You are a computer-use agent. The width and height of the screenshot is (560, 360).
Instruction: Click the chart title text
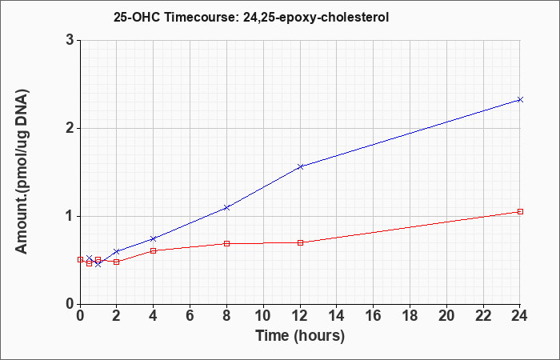point(251,17)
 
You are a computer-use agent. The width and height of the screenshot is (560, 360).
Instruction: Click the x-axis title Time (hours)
point(300,336)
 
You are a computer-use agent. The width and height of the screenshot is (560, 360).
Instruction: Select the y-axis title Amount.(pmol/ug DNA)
point(22,172)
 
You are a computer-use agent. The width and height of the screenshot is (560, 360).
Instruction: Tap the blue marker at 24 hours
point(520,100)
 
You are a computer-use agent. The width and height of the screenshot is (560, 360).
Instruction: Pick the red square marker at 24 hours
point(520,212)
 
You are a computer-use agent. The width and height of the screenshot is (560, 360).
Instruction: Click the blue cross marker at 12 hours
point(300,166)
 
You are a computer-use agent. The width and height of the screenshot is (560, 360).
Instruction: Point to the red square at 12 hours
point(300,243)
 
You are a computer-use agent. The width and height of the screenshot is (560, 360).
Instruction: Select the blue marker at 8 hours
point(226,207)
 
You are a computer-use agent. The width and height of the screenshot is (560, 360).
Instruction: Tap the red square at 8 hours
point(226,243)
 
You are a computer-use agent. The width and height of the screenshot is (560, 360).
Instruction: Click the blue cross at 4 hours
point(154,238)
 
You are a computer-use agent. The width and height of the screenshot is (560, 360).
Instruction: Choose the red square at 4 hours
point(154,250)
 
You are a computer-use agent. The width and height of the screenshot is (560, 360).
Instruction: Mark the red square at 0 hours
point(80,260)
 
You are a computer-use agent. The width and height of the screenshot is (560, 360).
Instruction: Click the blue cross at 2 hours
point(117,251)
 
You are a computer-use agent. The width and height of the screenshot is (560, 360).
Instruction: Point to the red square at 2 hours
point(117,262)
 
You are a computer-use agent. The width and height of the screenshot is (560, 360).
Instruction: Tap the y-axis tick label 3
point(70,40)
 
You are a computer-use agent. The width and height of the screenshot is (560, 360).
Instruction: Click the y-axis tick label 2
point(70,128)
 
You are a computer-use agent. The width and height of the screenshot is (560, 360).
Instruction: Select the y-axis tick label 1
point(70,217)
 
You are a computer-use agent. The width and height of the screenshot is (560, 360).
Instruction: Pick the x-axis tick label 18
point(410,316)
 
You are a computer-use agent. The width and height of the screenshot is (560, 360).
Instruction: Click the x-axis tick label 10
point(263,316)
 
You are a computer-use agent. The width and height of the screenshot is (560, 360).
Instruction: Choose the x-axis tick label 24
point(519,316)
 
